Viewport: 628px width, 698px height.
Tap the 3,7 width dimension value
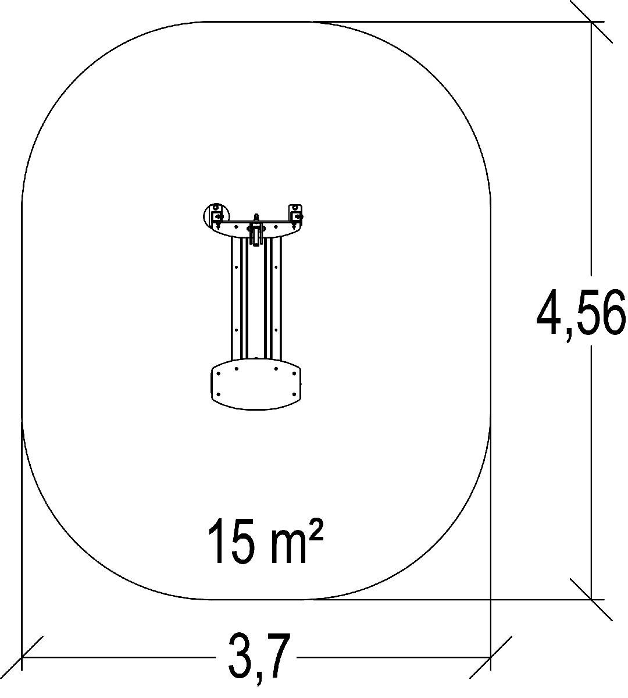pyautogui.click(x=259, y=657)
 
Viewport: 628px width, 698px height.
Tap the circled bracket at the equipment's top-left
pyautogui.click(x=216, y=216)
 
